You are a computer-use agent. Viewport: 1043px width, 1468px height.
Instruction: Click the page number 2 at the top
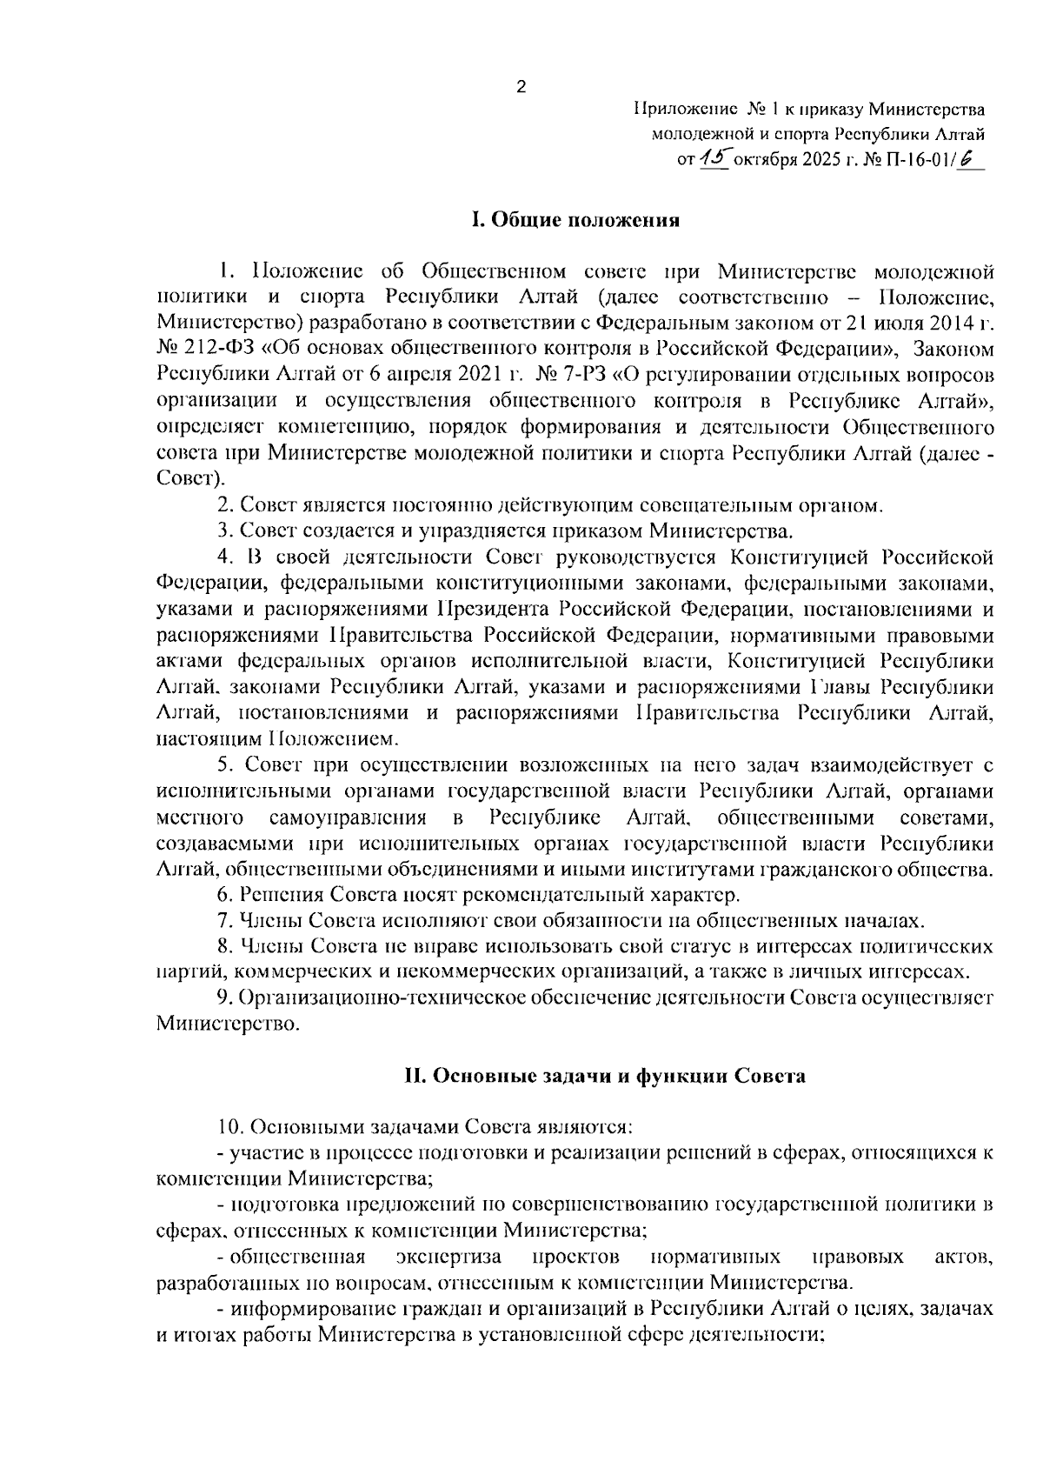(521, 86)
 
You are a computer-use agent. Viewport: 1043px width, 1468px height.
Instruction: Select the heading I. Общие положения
(575, 220)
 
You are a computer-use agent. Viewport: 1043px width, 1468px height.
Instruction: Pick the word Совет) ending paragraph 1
(190, 477)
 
